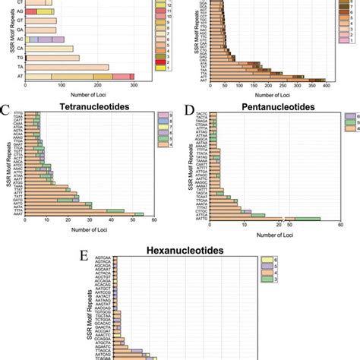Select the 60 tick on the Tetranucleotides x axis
[x=153, y=222]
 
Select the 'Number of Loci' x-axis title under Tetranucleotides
[x=89, y=231]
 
